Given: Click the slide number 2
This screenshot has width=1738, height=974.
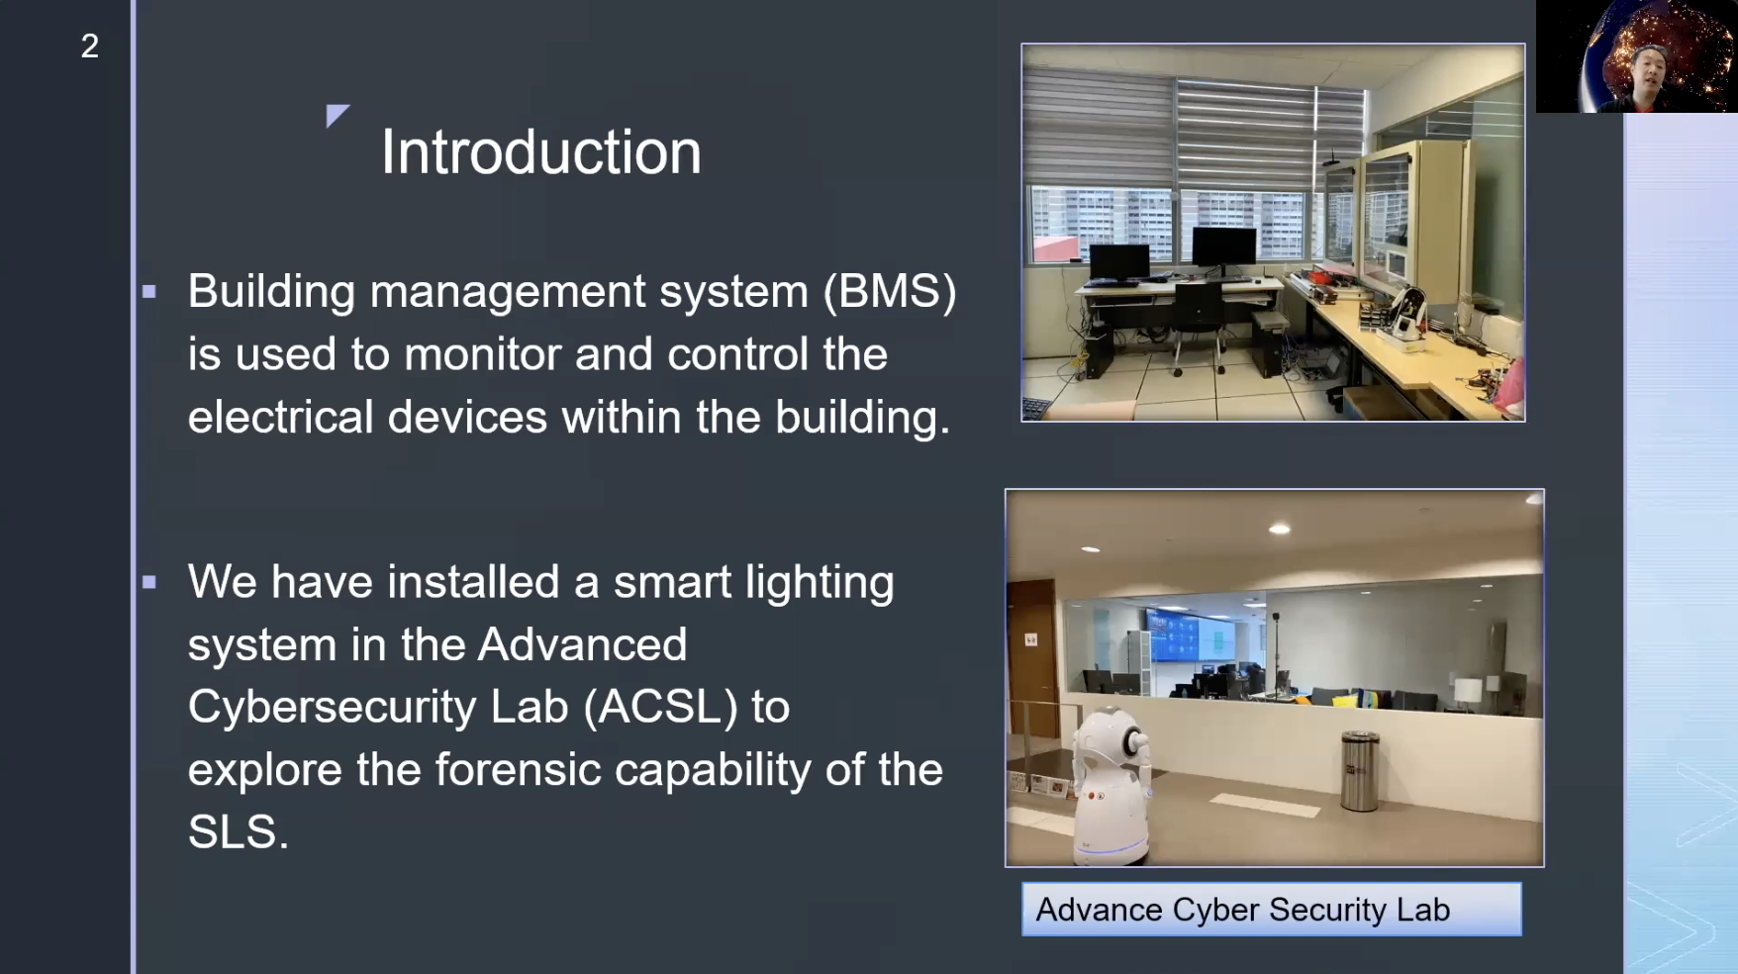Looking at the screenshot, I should pos(89,46).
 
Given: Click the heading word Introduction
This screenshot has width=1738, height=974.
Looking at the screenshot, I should pos(540,152).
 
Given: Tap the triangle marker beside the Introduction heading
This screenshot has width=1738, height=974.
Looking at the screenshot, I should pos(336,115).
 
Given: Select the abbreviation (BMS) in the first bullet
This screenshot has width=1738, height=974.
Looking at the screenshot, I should pos(890,291).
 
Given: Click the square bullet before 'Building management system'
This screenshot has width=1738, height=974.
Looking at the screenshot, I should pos(149,292).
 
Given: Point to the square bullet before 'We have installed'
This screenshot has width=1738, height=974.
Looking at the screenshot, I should pos(149,582).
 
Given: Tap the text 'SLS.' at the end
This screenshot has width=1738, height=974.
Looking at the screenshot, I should pos(238,831).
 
